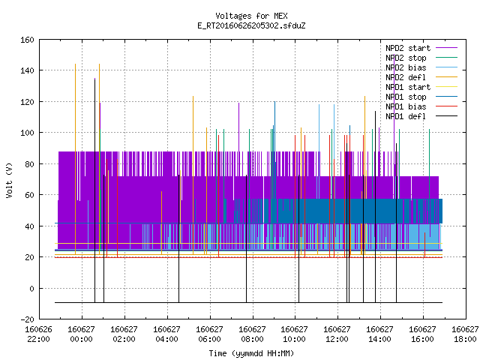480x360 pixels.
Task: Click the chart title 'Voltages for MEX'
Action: click(251, 16)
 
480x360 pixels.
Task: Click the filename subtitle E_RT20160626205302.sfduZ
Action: click(251, 25)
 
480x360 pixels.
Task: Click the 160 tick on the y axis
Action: click(27, 40)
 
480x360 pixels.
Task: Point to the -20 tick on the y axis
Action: click(27, 319)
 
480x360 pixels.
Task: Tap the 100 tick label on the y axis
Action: click(27, 133)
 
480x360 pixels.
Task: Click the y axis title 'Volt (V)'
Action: click(9, 180)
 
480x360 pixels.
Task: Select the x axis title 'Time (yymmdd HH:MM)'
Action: click(251, 353)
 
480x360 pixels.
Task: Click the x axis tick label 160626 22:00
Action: click(38, 334)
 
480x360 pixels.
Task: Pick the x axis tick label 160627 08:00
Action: click(252, 334)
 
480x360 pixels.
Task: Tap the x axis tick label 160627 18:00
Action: click(465, 334)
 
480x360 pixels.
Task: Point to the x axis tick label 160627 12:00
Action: click(337, 334)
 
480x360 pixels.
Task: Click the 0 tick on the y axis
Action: click(31, 289)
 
